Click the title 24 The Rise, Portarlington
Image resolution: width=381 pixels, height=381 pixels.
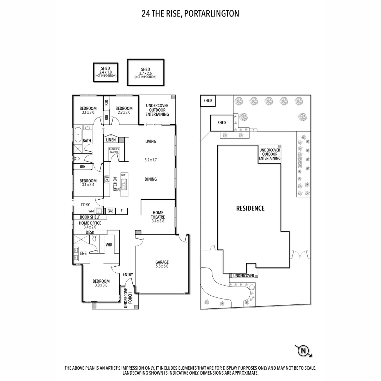[x=190, y=14]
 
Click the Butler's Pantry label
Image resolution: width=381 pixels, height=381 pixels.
[x=114, y=151]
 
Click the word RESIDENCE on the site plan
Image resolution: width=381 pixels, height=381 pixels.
[x=250, y=208]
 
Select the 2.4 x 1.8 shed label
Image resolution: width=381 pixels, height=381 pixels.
[x=105, y=72]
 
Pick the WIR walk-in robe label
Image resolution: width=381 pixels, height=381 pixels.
[x=109, y=244]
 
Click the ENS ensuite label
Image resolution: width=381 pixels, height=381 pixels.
[x=83, y=253]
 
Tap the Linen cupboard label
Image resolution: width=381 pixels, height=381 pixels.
[x=111, y=140]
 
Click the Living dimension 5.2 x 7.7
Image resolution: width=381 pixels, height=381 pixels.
[x=151, y=160]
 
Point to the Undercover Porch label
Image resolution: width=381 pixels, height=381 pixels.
[x=127, y=298]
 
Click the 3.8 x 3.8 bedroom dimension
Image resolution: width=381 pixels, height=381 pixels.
[x=101, y=285]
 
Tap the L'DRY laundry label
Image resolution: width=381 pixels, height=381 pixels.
[x=85, y=205]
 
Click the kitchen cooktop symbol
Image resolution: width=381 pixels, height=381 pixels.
[x=107, y=179]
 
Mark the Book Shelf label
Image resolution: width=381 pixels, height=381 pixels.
[x=90, y=217]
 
